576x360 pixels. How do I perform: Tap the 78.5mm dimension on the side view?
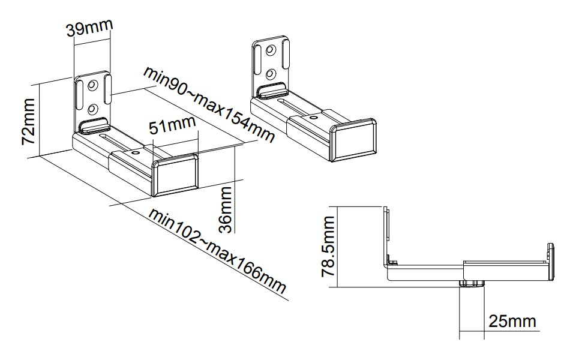tap(329, 247)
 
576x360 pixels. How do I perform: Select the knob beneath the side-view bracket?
tap(472, 284)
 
